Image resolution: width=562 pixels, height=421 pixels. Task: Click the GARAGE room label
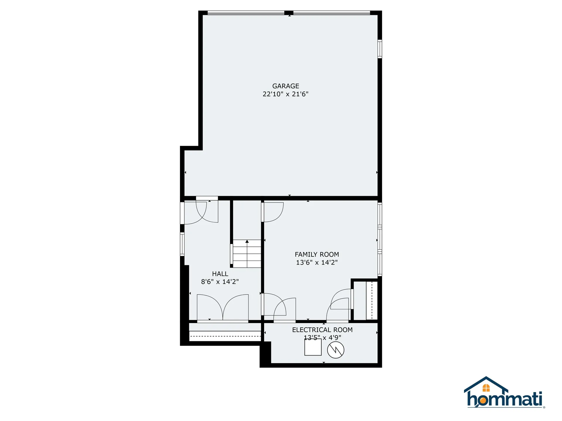coord(286,86)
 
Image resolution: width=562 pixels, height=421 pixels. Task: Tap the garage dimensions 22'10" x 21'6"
coord(286,94)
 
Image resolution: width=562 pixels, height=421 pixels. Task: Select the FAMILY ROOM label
coord(317,254)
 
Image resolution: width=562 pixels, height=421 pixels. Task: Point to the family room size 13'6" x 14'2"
coord(317,262)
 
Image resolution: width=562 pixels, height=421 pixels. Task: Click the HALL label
coord(220,274)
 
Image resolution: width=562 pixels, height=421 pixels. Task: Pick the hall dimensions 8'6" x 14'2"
coord(220,282)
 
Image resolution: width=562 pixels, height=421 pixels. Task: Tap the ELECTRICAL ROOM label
coord(322,330)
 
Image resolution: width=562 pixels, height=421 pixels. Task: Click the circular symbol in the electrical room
coord(336,350)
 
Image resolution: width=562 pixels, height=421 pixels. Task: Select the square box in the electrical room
coord(313,347)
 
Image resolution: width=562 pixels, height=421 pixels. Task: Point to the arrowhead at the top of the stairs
coord(247,241)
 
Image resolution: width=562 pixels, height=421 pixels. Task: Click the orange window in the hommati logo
coord(486,388)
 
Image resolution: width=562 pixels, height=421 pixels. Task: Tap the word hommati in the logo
coord(505,399)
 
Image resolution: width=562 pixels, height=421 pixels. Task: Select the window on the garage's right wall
coord(380,49)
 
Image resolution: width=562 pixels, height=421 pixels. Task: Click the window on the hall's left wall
coord(182,244)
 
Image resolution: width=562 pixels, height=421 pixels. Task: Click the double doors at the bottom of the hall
coord(223,308)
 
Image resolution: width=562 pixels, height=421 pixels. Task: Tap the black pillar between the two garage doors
coord(289,13)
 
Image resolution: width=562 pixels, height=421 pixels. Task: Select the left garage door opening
coord(246,13)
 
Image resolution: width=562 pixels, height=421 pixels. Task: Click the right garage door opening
coord(332,13)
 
